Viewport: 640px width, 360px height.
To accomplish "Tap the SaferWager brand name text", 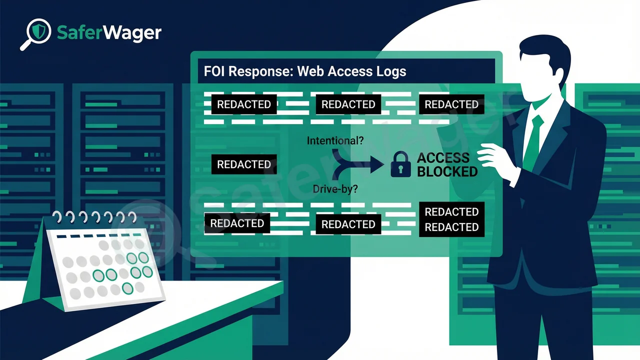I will coord(109,33).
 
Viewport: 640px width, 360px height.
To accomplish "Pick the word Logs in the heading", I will coord(390,71).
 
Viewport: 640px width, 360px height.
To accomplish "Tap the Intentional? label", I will coord(335,141).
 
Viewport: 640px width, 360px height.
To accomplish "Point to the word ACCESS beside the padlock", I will coord(443,158).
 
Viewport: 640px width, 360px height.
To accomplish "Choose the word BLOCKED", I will coord(447,171).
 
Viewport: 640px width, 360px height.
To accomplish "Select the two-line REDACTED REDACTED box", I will coord(451,219).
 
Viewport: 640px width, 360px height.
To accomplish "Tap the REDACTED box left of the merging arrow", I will coord(243,164).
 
